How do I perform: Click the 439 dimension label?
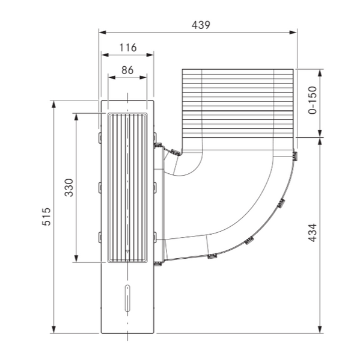pyautogui.click(x=201, y=25)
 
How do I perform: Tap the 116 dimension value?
pyautogui.click(x=128, y=48)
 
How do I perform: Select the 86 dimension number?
pyautogui.click(x=127, y=70)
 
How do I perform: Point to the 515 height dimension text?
pyautogui.click(x=46, y=217)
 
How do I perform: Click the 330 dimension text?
pyautogui.click(x=69, y=188)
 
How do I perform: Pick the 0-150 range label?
pyautogui.click(x=313, y=100)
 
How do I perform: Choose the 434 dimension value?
pyautogui.click(x=313, y=232)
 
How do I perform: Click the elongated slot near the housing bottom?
pyautogui.click(x=127, y=298)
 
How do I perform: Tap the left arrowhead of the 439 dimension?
pyautogui.click(x=102, y=32)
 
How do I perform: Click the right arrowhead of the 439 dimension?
pyautogui.click(x=293, y=32)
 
